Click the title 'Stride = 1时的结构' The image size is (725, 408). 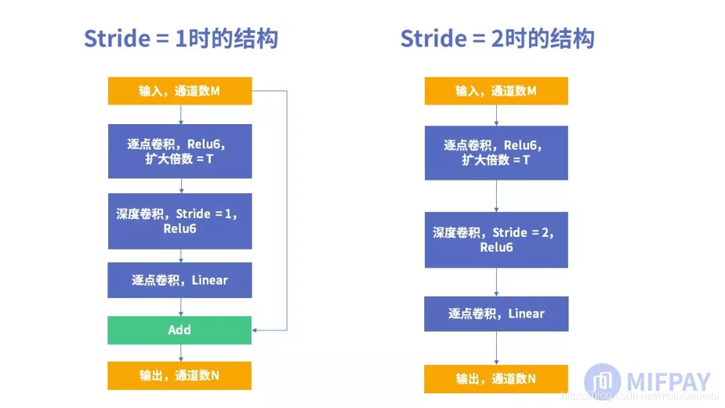click(181, 38)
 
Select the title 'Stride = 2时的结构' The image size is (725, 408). click(497, 38)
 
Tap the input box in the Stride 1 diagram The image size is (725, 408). click(180, 91)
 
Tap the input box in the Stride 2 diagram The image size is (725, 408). click(496, 91)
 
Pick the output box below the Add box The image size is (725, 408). click(179, 376)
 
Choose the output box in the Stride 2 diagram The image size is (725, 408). click(496, 379)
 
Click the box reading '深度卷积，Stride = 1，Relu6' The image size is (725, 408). click(180, 221)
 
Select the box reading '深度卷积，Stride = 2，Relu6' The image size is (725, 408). click(496, 240)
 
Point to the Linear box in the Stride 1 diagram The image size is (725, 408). click(180, 280)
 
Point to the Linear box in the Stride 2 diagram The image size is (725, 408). click(496, 313)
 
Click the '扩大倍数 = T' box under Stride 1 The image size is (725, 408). click(180, 151)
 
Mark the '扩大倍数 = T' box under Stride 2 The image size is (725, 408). click(496, 152)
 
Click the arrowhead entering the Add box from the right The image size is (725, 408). click(256, 330)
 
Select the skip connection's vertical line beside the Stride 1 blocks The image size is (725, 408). click(287, 208)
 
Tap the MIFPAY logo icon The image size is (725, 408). click(602, 380)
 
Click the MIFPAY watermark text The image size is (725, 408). click(668, 380)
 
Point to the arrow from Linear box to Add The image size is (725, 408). click(181, 307)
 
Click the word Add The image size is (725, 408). click(179, 330)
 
